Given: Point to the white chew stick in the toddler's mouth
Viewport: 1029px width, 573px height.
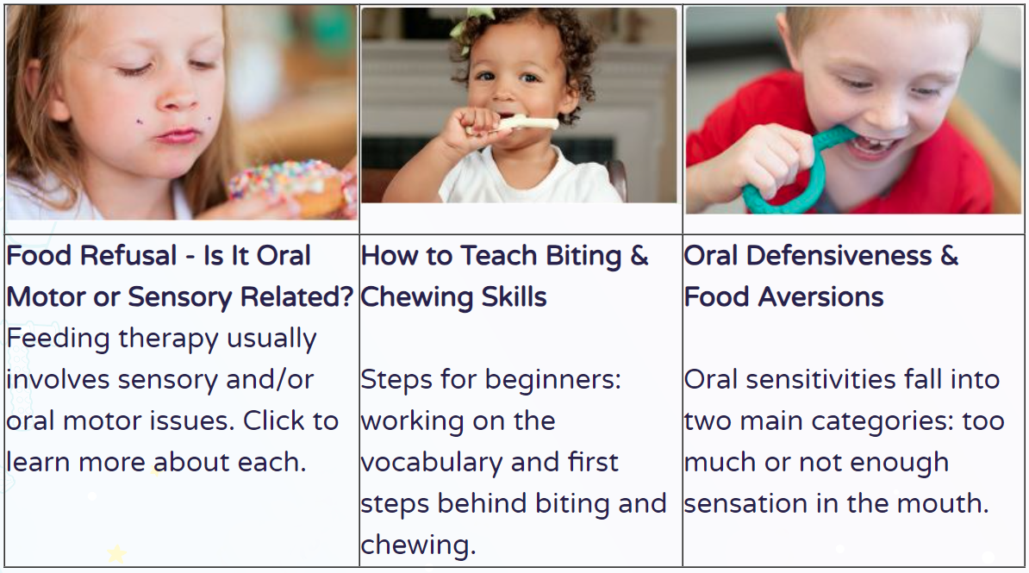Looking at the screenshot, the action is pos(519,123).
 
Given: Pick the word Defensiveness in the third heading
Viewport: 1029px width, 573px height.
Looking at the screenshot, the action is pos(839,255).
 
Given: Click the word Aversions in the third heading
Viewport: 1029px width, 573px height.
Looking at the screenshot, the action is pos(821,297).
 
